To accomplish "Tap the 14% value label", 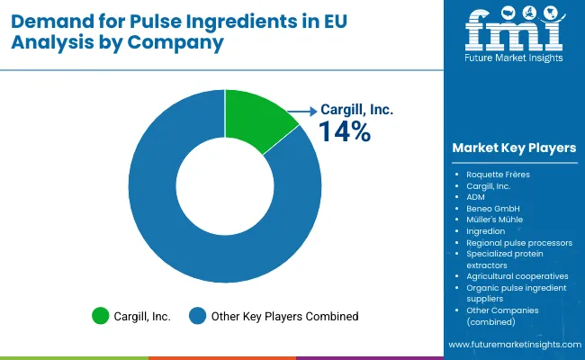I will coord(344,132).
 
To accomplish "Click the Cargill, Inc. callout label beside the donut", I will coord(356,110).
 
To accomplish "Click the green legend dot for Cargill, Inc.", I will coord(100,316).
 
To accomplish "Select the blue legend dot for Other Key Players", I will coord(195,316).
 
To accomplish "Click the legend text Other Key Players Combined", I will coord(284,316).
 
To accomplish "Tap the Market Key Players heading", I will coord(515,148).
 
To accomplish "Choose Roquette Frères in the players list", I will coord(498,173).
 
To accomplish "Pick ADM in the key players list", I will coord(475,196).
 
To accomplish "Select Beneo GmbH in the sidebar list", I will coord(493,208).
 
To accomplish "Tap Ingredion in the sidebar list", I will coord(486,231).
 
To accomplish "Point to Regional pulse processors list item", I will coord(519,243).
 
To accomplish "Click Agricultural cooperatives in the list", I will coord(516,276).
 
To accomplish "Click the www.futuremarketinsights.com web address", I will coord(512,345).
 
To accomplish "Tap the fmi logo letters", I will coord(514,32).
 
